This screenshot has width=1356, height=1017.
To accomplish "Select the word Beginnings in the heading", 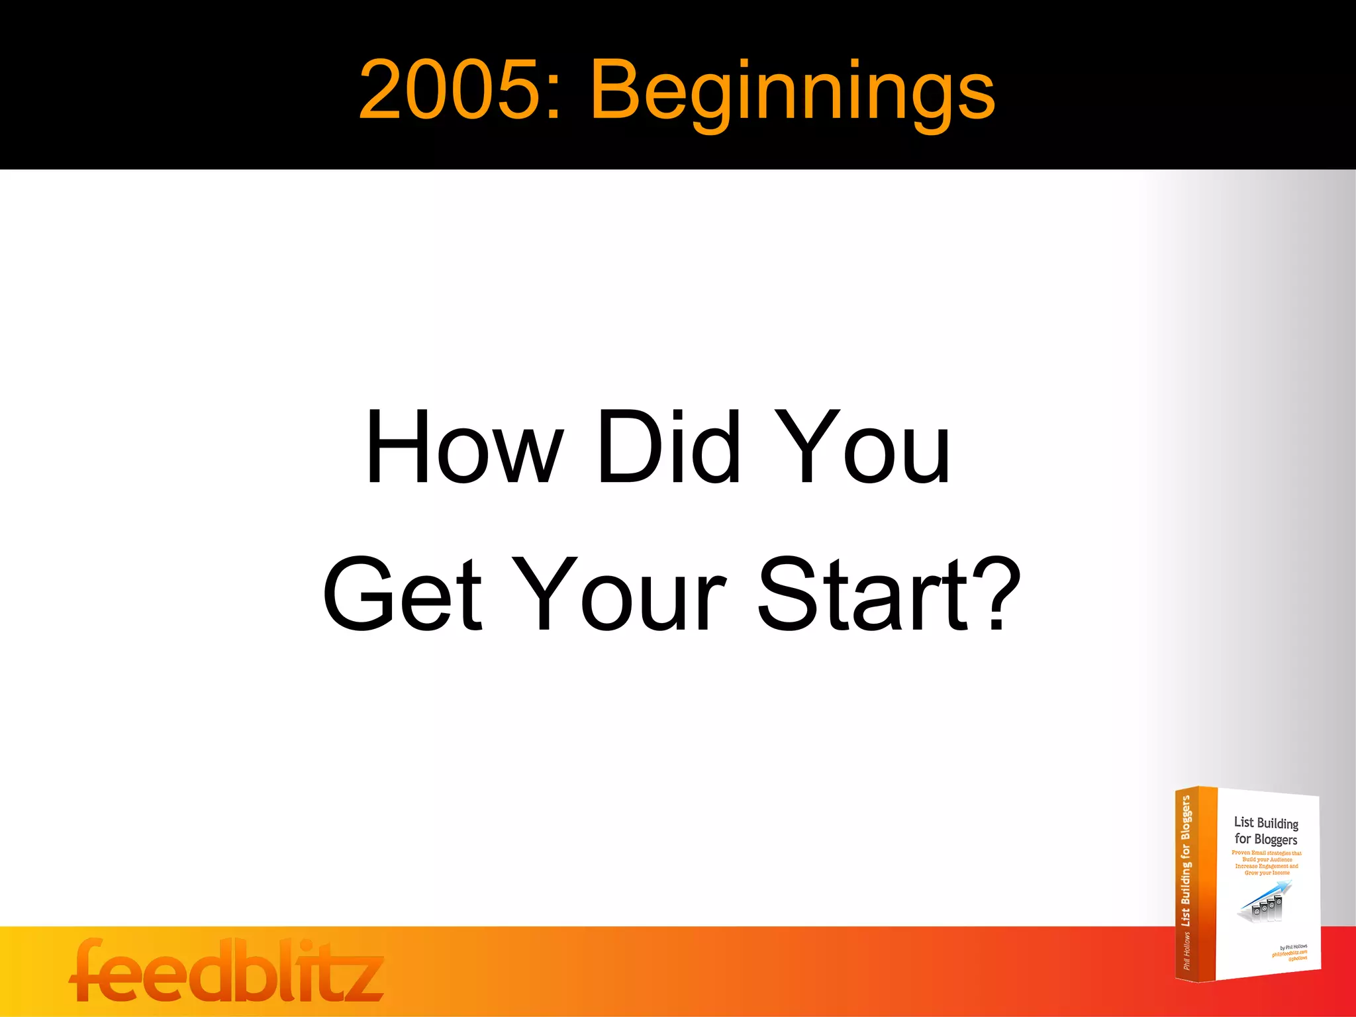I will click(792, 93).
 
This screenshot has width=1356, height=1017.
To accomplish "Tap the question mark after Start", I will click(996, 593).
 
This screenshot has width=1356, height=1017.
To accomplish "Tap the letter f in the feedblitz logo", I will click(89, 969).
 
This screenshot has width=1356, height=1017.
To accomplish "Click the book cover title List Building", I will click(1266, 822).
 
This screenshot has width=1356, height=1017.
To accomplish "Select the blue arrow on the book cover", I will click(1266, 893).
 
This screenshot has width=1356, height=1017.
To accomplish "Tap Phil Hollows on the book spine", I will click(1186, 951).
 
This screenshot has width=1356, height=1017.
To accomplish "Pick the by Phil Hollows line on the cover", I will click(1293, 947).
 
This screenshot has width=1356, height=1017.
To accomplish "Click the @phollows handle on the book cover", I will click(1297, 958).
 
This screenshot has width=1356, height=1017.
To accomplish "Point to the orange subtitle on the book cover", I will click(1266, 863).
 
